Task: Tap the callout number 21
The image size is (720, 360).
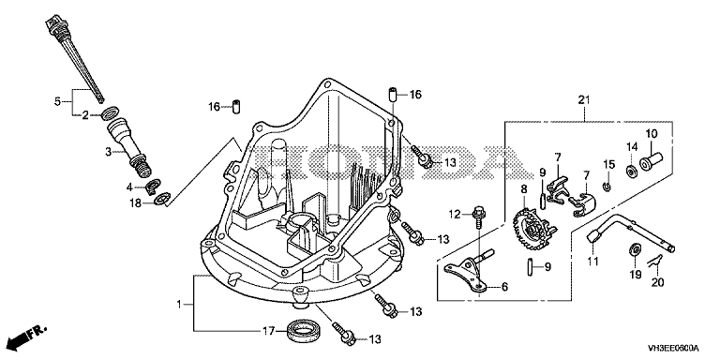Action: [584, 100]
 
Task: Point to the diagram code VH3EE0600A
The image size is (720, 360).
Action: [674, 348]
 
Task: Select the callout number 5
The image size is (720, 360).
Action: [57, 101]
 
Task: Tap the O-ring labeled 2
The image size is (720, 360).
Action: [111, 112]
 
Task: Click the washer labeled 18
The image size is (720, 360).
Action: [161, 200]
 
